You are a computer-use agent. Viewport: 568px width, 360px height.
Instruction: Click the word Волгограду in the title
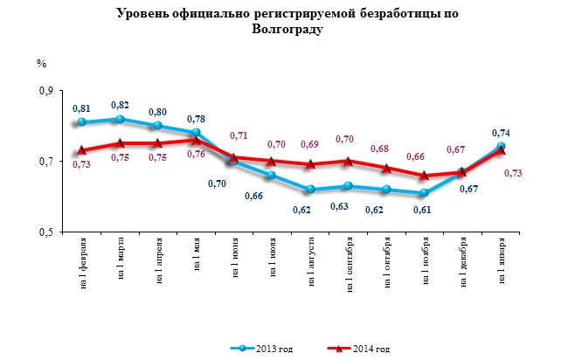click(x=287, y=30)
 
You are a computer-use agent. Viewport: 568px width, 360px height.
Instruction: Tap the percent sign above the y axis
click(x=41, y=64)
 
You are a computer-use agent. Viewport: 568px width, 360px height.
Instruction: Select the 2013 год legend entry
click(x=261, y=349)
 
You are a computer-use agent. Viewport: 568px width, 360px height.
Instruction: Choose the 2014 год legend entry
click(x=358, y=349)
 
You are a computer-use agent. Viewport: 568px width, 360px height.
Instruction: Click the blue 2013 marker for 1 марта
click(x=121, y=119)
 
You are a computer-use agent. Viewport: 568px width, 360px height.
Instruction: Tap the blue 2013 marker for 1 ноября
click(x=424, y=193)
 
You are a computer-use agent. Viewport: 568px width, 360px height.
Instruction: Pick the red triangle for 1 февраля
click(x=81, y=150)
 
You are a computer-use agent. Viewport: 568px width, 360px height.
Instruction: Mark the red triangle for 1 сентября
click(x=348, y=161)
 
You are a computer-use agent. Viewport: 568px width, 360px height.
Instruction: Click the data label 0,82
click(x=120, y=105)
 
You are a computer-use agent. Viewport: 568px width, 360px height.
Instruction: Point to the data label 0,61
click(x=422, y=210)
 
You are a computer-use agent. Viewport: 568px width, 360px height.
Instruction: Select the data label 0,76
click(x=196, y=154)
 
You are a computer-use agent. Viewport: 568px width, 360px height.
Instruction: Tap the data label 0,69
click(x=309, y=144)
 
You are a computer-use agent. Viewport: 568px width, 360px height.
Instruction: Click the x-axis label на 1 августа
click(x=312, y=262)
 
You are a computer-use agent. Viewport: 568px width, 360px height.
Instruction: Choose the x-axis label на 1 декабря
click(x=463, y=262)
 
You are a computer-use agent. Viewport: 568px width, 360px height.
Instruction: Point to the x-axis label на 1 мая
click(x=197, y=254)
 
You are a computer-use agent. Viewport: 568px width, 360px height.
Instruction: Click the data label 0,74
click(x=501, y=133)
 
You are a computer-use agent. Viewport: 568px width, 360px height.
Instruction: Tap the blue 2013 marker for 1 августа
click(x=310, y=189)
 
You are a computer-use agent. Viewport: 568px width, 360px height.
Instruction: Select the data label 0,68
click(x=379, y=149)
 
